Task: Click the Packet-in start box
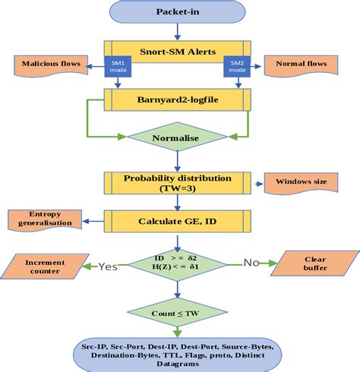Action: [178, 12]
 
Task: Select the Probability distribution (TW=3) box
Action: [178, 182]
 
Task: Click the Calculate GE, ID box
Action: [178, 222]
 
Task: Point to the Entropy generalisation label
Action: [43, 219]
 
